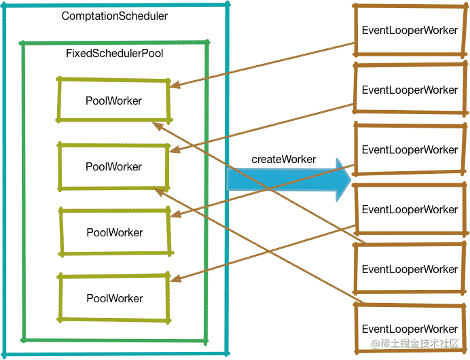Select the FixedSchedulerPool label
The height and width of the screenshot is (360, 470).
tap(115, 53)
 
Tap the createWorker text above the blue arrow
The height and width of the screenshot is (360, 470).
tap(283, 159)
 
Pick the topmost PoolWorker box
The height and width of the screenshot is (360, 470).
tap(113, 100)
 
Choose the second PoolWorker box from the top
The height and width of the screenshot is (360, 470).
tap(113, 166)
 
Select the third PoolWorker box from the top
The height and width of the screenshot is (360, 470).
tap(114, 232)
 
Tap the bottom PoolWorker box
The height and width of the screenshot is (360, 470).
tap(114, 298)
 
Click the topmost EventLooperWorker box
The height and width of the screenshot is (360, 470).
tap(410, 30)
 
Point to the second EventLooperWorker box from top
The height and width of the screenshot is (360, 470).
tap(410, 90)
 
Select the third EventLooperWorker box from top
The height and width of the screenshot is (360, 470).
tap(410, 149)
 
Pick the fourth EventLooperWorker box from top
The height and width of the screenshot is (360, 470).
tap(410, 209)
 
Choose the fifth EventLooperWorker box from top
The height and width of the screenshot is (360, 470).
tap(410, 269)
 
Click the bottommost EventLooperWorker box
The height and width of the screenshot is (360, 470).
tap(410, 329)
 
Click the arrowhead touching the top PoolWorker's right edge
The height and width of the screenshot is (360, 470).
tap(174, 86)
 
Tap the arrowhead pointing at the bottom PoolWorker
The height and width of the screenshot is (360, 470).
tap(174, 278)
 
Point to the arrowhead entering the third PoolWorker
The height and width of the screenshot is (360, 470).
tap(174, 217)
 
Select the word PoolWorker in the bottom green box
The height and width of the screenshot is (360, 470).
tap(114, 298)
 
